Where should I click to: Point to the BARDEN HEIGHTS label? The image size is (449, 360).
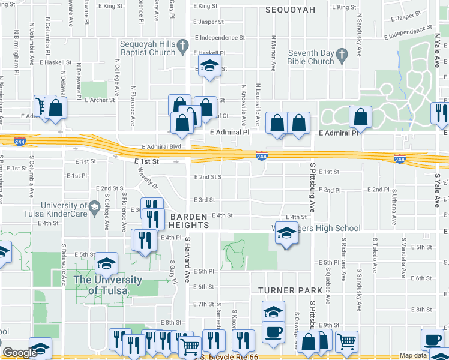click(188, 220)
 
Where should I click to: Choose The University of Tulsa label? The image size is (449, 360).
click(108, 285)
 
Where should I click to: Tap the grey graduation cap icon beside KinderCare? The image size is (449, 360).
click(94, 208)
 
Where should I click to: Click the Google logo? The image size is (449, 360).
click(19, 353)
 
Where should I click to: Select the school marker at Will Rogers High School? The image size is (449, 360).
click(287, 233)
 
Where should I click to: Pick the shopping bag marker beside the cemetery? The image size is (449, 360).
click(360, 116)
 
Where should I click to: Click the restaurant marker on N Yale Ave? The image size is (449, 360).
click(440, 113)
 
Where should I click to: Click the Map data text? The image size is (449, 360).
click(414, 356)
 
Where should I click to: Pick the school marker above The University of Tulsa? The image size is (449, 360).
click(106, 263)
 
